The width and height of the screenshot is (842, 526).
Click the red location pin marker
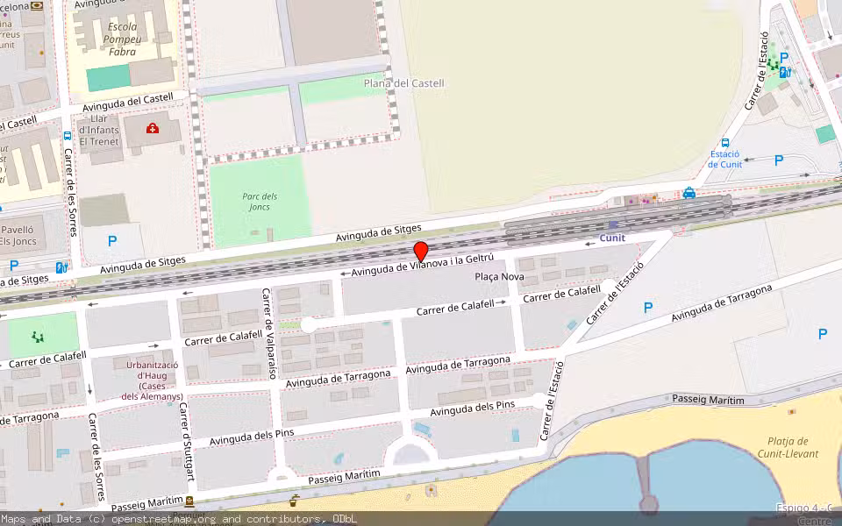pyautogui.click(x=421, y=251)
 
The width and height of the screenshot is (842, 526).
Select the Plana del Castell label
pyautogui.click(x=404, y=83)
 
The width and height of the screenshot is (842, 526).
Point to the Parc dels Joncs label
pyautogui.click(x=260, y=202)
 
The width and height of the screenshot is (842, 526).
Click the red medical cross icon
pyautogui.click(x=153, y=129)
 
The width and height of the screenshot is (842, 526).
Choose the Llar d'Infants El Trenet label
pyautogui.click(x=98, y=130)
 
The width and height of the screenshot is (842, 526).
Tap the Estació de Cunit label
pyautogui.click(x=725, y=159)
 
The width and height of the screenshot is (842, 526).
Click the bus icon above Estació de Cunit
pyautogui.click(x=725, y=142)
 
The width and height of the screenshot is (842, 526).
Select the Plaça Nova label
pyautogui.click(x=499, y=277)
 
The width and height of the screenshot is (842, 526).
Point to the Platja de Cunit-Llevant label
pyautogui.click(x=788, y=447)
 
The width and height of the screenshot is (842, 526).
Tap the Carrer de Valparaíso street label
pyautogui.click(x=268, y=333)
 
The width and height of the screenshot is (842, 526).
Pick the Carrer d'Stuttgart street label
pyautogui.click(x=187, y=444)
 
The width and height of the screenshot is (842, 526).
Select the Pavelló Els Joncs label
pyautogui.click(x=23, y=235)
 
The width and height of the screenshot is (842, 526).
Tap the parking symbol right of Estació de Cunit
pyautogui.click(x=779, y=160)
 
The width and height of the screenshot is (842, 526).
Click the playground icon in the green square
pyautogui.click(x=37, y=336)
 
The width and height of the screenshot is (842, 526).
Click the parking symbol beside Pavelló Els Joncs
pyautogui.click(x=112, y=240)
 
